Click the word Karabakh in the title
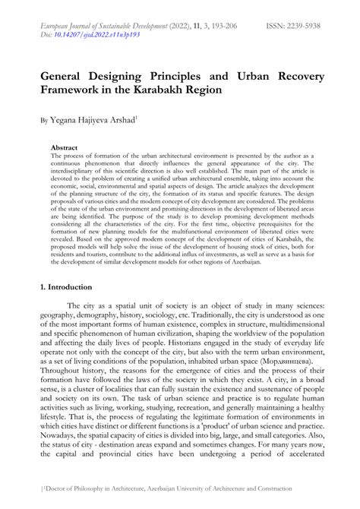pyautogui.click(x=204, y=90)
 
